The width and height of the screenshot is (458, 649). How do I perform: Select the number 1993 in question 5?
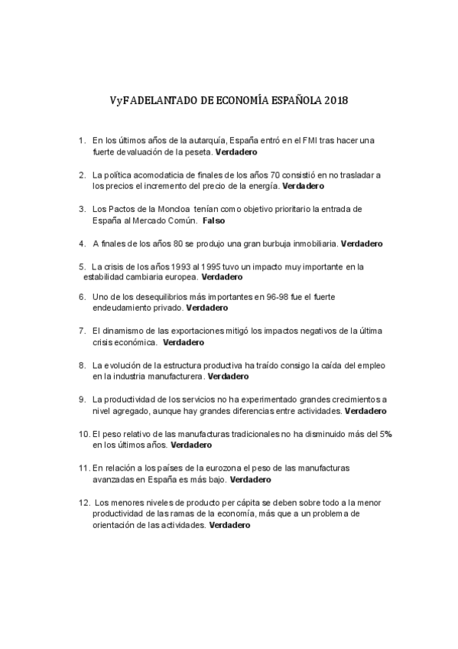[172, 266]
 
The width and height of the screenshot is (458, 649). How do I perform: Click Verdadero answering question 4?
[362, 243]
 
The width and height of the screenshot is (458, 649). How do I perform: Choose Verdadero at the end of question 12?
[229, 526]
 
